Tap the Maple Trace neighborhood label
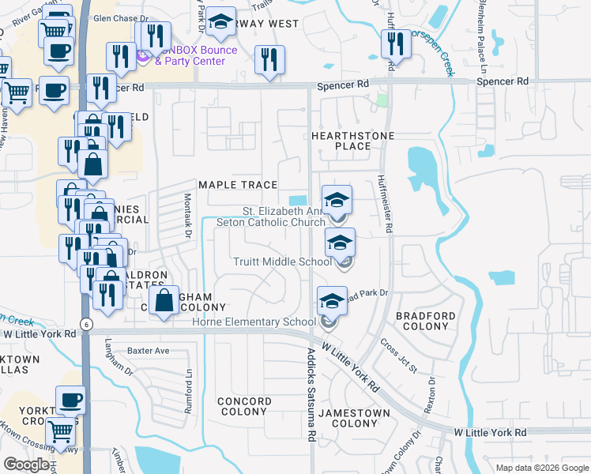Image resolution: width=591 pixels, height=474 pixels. [x=238, y=185]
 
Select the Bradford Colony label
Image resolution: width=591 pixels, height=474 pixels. [x=426, y=321]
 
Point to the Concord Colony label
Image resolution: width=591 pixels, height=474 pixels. [x=244, y=406]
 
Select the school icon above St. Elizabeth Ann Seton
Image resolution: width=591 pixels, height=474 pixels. [x=337, y=200]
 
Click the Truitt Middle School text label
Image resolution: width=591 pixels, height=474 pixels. [x=282, y=261]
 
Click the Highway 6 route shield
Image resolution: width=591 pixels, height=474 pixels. [x=85, y=323]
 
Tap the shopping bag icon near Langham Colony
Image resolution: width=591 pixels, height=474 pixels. [x=164, y=301]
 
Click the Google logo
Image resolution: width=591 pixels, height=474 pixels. [x=26, y=465]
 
